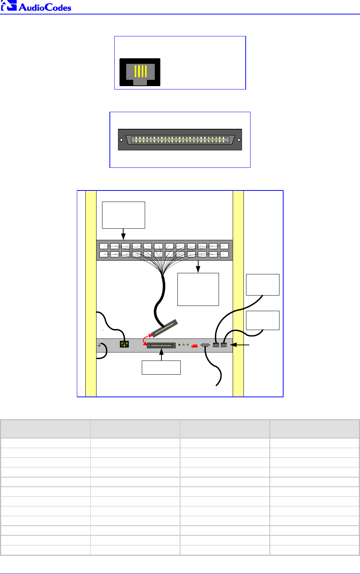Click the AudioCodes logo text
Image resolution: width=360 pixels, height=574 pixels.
point(45,7)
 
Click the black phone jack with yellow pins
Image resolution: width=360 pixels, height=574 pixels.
point(140,72)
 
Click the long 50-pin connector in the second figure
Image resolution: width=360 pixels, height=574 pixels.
point(180,140)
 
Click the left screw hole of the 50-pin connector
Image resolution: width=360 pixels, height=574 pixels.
point(121,140)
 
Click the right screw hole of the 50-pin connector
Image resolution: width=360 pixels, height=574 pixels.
point(239,140)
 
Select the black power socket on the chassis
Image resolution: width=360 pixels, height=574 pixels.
point(124,344)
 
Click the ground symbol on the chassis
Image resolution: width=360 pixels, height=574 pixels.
point(99,345)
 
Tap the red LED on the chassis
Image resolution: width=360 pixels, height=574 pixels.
point(180,345)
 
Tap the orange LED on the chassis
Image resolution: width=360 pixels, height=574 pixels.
point(184,345)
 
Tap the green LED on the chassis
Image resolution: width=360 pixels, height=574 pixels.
point(188,345)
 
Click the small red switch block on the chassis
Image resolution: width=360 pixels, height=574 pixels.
point(194,346)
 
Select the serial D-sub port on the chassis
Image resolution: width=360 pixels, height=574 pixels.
point(205,345)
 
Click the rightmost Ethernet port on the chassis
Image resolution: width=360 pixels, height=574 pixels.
point(223,345)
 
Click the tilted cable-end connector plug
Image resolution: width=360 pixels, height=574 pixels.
point(164,328)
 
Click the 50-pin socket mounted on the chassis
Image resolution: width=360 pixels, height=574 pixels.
point(161,346)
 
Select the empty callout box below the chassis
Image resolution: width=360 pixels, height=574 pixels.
point(161,368)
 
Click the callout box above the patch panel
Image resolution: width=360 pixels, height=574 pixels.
point(124,215)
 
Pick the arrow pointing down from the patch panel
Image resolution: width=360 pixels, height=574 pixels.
point(198,267)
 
